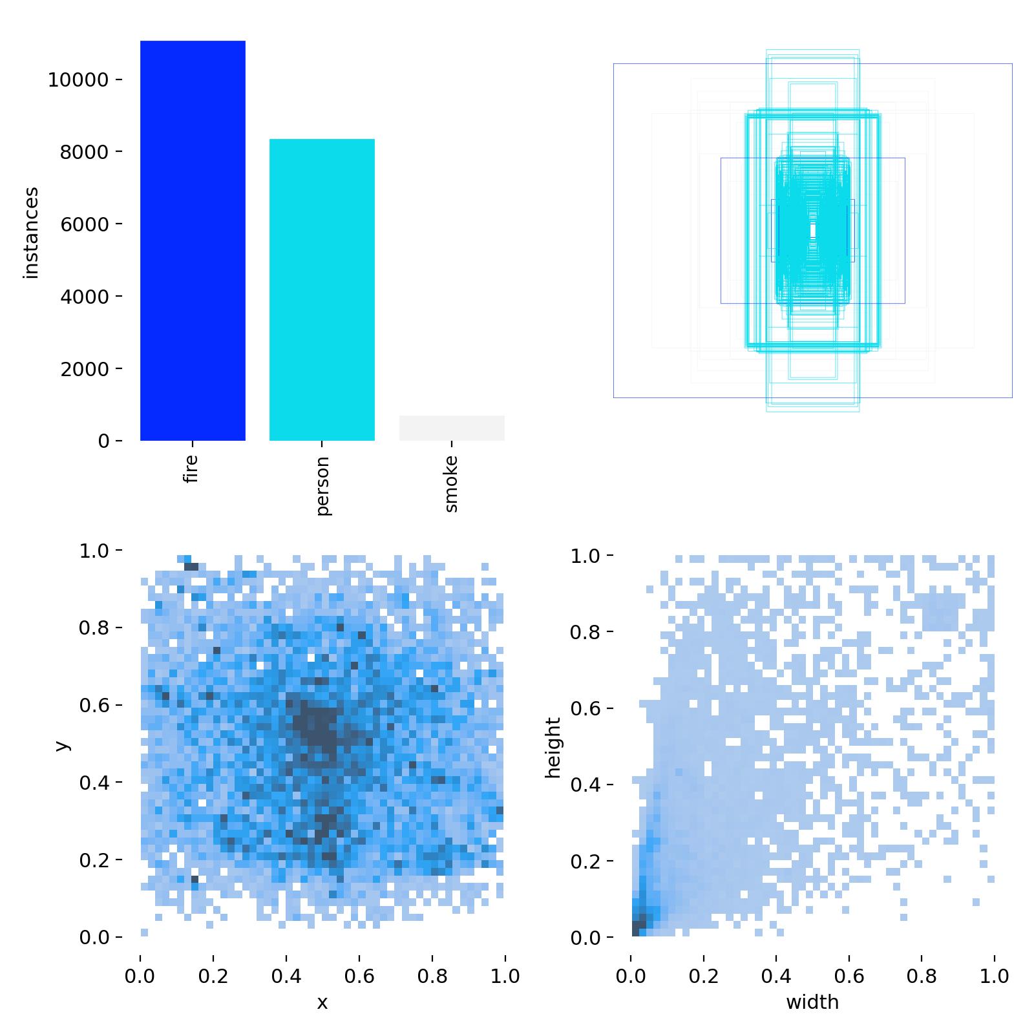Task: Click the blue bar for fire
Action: [x=193, y=240]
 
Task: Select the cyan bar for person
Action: [x=322, y=290]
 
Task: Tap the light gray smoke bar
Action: [x=452, y=428]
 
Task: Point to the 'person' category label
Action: [x=323, y=485]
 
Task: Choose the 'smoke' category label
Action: [x=451, y=483]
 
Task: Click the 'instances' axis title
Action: [x=31, y=233]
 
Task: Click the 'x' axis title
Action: [x=322, y=1002]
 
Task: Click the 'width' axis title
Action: [x=812, y=1002]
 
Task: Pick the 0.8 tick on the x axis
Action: [x=432, y=976]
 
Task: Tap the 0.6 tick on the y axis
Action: [x=100, y=705]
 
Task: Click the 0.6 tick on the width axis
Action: [x=849, y=976]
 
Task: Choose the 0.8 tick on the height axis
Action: [x=591, y=631]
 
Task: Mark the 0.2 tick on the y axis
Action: [x=100, y=860]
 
